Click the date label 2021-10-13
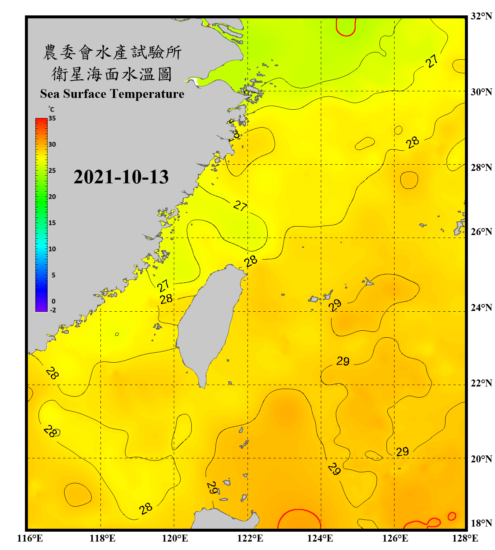pos(121,177)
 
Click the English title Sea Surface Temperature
pos(112,94)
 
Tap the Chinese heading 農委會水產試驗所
pos(112,52)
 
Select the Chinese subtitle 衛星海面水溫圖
pos(112,74)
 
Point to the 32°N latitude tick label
pos(481,16)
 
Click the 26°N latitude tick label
pos(481,232)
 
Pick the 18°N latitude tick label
pos(481,523)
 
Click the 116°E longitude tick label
pos(30,538)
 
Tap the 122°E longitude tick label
pos(250,538)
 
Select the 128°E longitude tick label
pos(465,538)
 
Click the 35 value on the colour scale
pos(52,118)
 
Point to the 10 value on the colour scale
pos(52,249)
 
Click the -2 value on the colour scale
pos(53,310)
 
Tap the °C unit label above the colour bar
pos(51,109)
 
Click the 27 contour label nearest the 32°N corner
pos(432,61)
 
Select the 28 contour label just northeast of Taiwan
pos(251,261)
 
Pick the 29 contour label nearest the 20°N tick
pos(402,451)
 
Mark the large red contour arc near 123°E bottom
pos(299,513)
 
